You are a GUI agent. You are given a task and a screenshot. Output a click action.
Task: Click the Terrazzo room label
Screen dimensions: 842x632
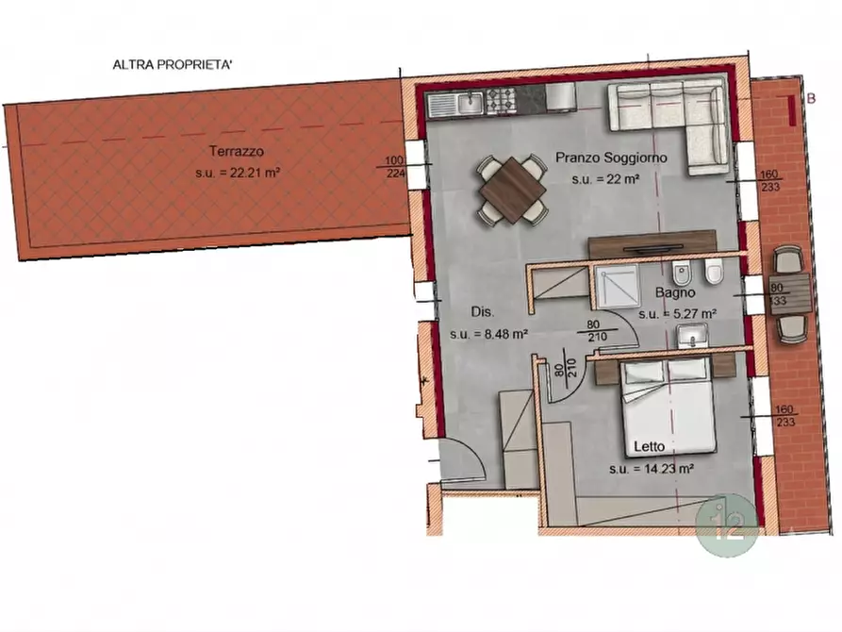[237, 152]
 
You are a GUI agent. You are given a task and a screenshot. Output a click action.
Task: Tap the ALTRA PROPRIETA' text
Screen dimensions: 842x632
[173, 65]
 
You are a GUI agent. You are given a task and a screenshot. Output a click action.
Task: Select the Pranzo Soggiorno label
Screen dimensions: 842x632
[611, 158]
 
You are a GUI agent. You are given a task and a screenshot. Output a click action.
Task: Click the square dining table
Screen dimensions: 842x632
[513, 190]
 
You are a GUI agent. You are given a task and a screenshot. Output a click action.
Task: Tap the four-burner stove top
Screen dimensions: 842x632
[501, 101]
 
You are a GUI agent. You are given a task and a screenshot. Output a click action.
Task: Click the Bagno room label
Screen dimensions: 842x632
[675, 293]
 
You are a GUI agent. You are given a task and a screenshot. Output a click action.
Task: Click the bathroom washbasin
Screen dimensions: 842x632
[692, 338]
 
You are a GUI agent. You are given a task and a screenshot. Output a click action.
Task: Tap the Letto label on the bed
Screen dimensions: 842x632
[650, 446]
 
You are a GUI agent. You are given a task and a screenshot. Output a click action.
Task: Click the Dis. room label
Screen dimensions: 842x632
[482, 311]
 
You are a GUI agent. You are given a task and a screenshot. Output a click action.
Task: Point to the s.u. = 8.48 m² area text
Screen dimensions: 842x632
[488, 334]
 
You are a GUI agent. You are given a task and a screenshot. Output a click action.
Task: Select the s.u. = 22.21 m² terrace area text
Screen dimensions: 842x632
[238, 173]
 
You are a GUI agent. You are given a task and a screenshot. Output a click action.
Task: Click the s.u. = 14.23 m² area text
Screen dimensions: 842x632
[652, 469]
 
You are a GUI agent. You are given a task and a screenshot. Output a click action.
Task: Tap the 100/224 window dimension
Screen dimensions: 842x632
[395, 167]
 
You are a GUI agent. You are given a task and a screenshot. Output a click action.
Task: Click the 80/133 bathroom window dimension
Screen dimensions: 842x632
[777, 294]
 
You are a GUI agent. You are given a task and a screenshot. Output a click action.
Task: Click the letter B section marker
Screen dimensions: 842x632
[812, 98]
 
